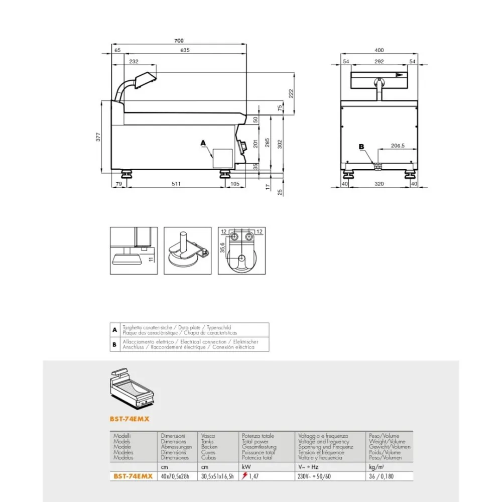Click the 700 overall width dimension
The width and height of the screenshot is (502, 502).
coord(179,41)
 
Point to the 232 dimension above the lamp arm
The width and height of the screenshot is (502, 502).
coord(134,61)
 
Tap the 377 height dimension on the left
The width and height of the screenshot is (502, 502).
coord(99,136)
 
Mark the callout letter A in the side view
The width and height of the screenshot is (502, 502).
coord(203,143)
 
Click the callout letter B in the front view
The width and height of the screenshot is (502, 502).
coord(360,147)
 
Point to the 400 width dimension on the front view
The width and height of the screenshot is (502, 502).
coord(379,50)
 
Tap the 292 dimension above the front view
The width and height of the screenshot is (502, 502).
coord(379,61)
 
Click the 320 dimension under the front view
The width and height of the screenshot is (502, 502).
coord(379,184)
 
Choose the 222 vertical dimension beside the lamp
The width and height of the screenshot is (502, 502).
coord(291,93)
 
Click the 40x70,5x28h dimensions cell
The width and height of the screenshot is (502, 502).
coord(176,476)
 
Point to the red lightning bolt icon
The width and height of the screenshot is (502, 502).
coord(244,476)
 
